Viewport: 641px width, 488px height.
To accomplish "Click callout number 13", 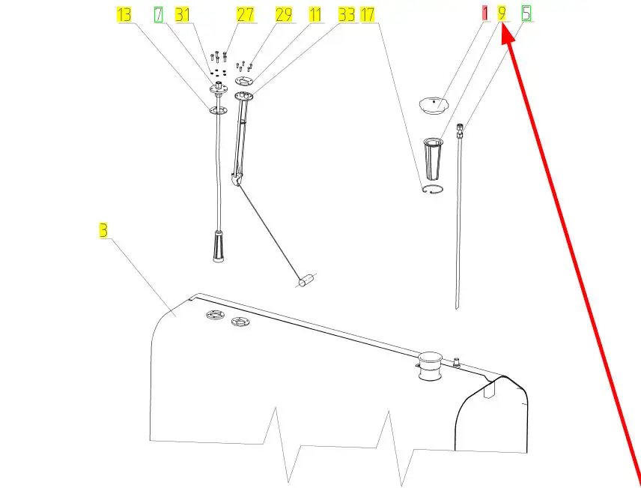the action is tap(124, 15).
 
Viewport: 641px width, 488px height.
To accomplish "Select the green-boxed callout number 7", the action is tap(158, 15).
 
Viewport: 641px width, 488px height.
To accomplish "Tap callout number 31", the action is tap(182, 15).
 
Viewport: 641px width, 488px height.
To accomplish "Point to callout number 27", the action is tap(246, 15).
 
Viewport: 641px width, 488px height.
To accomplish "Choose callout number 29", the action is tap(284, 15).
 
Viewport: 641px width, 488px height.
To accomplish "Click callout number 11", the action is tap(315, 15).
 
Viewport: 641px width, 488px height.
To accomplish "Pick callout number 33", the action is tap(347, 15).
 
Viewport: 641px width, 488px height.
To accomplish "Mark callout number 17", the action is tap(367, 15).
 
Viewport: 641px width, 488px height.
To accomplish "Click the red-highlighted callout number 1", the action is tap(484, 13).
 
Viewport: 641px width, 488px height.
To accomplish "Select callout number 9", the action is tap(502, 13).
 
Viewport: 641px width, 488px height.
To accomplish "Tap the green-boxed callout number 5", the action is tap(526, 13).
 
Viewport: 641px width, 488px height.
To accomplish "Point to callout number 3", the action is tap(103, 230).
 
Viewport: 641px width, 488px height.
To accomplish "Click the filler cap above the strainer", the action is tap(434, 105).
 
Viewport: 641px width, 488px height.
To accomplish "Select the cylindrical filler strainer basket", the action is tap(433, 159).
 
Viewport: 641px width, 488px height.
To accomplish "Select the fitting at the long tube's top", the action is tap(460, 130).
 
